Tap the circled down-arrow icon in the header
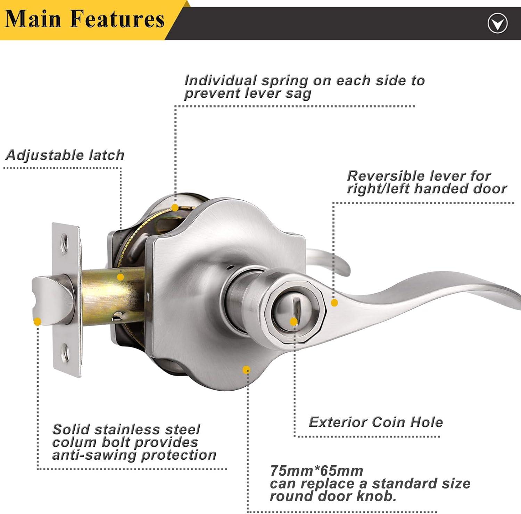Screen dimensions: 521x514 pyautogui.click(x=497, y=24)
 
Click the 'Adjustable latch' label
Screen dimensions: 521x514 pyautogui.click(x=65, y=155)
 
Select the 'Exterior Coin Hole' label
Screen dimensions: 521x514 pyautogui.click(x=376, y=422)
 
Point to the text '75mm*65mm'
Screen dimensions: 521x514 pyautogui.click(x=316, y=471)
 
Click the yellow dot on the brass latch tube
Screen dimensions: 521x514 pyautogui.click(x=120, y=277)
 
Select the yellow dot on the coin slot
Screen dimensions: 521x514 pyautogui.click(x=294, y=322)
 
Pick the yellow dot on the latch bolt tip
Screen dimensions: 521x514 pyautogui.click(x=38, y=322)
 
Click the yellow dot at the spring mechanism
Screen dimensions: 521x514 pyautogui.click(x=175, y=208)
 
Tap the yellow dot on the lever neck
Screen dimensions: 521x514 pyautogui.click(x=334, y=303)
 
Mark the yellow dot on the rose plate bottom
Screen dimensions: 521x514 pyautogui.click(x=246, y=369)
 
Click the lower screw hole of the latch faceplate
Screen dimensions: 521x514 pyautogui.click(x=65, y=352)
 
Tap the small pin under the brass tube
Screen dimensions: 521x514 pyautogui.click(x=117, y=315)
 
